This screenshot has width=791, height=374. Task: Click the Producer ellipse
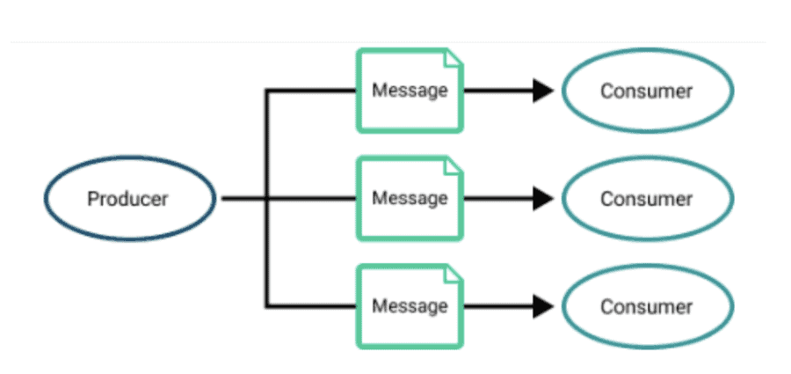point(128,199)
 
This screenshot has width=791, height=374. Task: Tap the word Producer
point(128,199)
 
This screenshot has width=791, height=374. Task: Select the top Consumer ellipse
point(647,91)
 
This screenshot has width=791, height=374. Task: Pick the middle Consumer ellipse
point(647,199)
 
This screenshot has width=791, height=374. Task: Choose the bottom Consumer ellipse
point(647,307)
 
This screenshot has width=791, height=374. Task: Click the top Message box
point(410,91)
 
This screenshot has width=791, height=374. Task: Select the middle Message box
point(410,199)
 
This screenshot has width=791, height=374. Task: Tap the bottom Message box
point(410,307)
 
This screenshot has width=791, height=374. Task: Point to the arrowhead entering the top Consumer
point(543,91)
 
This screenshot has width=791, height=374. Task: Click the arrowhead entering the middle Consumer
point(543,199)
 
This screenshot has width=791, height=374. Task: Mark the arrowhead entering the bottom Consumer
point(543,307)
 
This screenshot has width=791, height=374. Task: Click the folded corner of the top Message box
point(454,59)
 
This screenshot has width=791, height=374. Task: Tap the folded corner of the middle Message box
point(454,166)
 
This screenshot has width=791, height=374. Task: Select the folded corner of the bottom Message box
point(454,275)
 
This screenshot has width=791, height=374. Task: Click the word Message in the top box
point(410,90)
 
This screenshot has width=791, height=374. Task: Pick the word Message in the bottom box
point(410,306)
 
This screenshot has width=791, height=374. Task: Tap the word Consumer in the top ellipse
point(647,91)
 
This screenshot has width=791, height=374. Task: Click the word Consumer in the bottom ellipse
point(647,307)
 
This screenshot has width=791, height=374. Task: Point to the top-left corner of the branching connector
point(267,91)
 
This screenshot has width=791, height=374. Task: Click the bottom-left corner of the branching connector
point(267,306)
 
